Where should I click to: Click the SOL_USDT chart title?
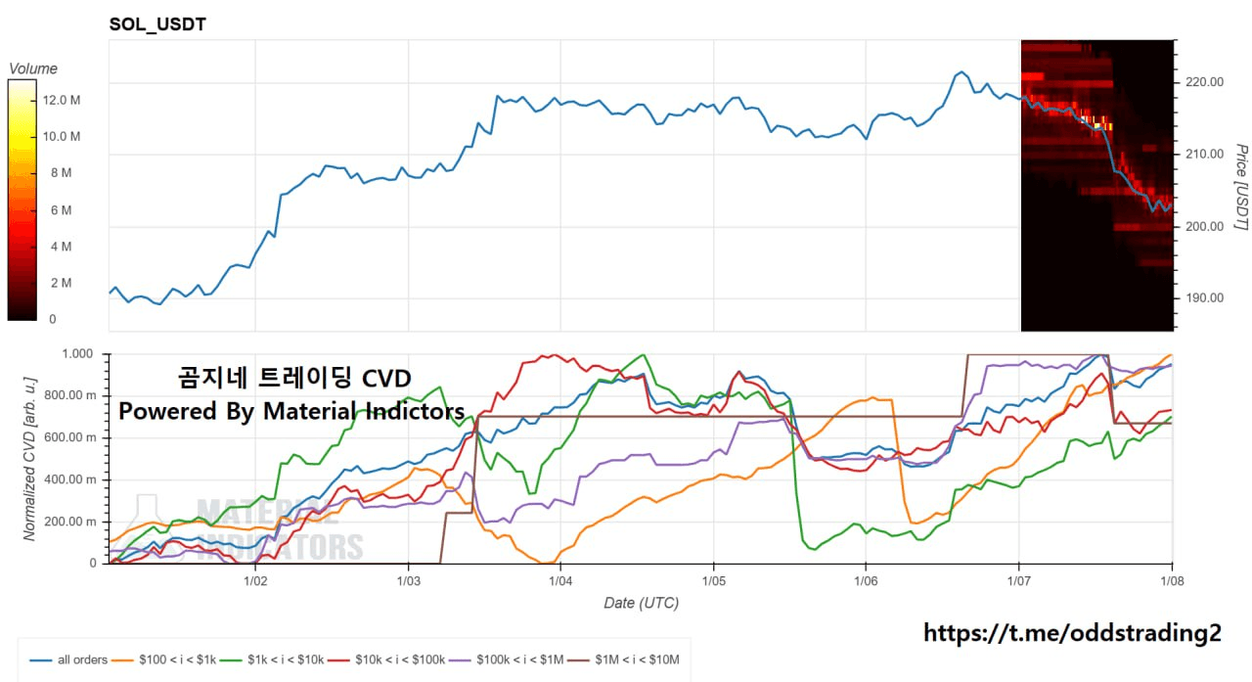(x=157, y=23)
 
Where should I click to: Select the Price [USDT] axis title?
(x=1240, y=187)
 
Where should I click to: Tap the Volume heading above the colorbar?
(x=32, y=68)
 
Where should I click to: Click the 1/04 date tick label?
(x=560, y=580)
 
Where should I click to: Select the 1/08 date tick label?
(x=1171, y=580)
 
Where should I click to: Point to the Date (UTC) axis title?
(x=641, y=603)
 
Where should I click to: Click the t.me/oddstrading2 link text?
(x=1072, y=633)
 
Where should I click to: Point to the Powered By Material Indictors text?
(x=291, y=411)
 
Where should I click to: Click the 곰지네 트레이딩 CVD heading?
(x=294, y=378)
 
